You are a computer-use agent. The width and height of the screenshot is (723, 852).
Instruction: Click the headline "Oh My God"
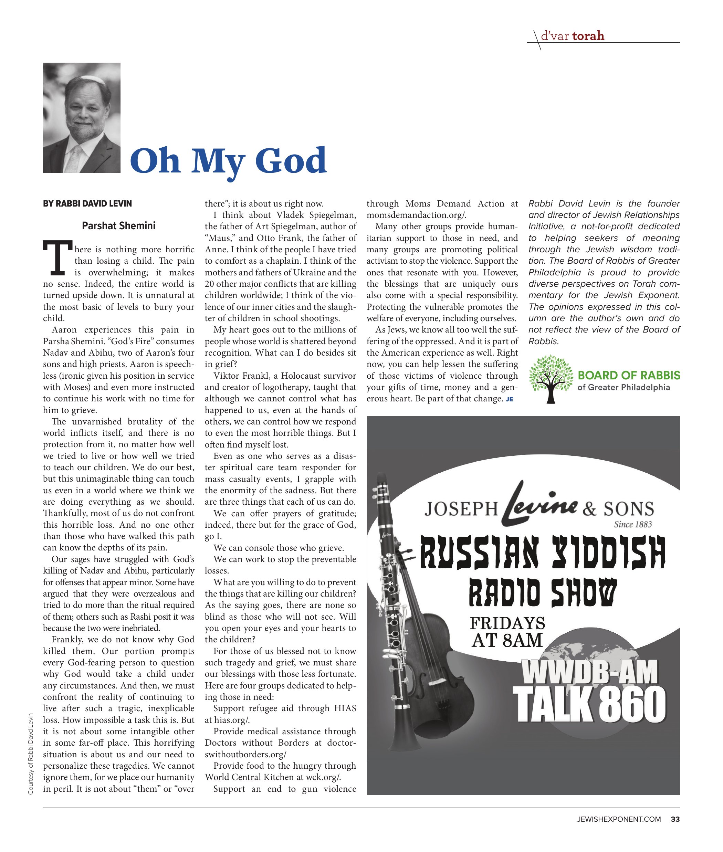228,161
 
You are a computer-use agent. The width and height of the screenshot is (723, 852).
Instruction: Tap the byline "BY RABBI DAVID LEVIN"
87,204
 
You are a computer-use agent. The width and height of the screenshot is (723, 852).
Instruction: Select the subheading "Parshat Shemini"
118,226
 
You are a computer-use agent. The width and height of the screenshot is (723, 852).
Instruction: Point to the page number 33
675,819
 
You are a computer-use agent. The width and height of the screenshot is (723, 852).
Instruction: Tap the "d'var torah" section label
572,36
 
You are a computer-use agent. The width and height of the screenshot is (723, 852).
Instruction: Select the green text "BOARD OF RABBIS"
629,375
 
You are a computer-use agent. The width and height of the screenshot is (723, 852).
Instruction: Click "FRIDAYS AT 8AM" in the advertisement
507,632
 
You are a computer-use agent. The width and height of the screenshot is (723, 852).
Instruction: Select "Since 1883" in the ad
632,524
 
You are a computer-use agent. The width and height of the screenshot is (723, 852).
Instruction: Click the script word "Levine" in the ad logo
540,505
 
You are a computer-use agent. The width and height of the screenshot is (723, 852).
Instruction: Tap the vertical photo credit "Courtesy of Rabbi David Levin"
31,754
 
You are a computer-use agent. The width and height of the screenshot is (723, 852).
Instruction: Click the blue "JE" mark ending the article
510,399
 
